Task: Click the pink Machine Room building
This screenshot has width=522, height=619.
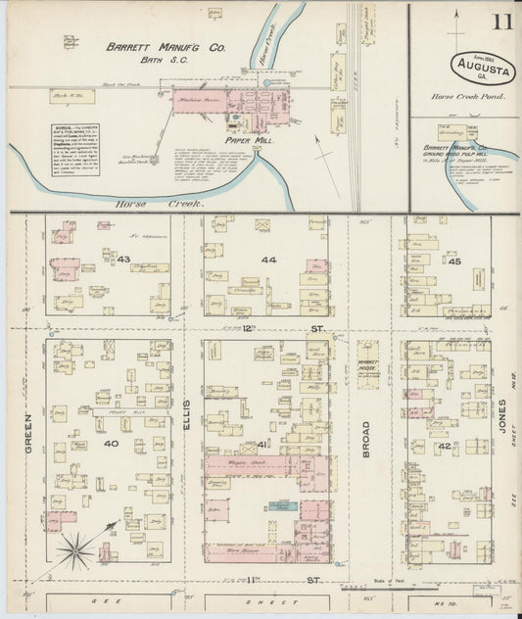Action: click(211, 104)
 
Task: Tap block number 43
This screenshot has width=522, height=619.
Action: click(123, 258)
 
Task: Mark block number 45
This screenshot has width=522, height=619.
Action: click(453, 261)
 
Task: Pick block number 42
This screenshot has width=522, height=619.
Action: click(445, 447)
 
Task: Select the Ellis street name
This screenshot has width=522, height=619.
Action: click(186, 421)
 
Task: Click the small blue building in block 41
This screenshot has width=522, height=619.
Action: click(283, 505)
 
